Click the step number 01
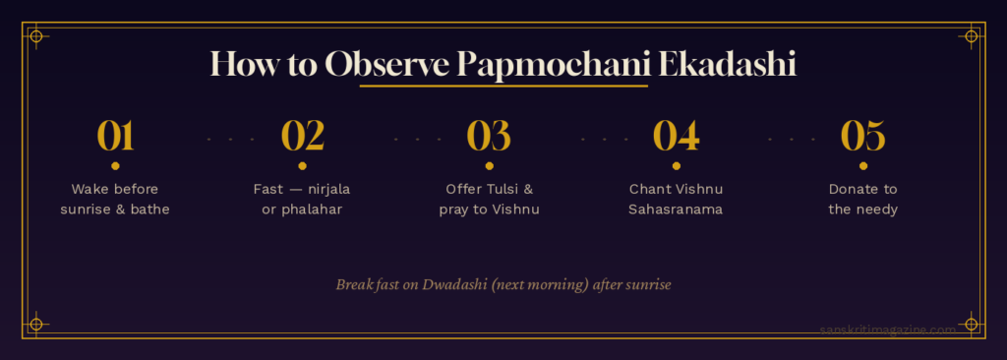tap(116, 136)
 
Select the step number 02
tap(303, 136)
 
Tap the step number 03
tap(489, 136)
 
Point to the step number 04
tap(676, 136)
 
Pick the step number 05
tap(863, 136)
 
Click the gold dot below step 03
tap(490, 166)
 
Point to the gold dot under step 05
tap(863, 166)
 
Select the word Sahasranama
tap(676, 210)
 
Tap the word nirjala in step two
tap(328, 190)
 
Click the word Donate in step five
tap(850, 189)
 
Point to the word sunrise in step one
tap(85, 210)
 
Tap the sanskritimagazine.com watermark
tap(888, 330)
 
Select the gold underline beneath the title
tap(503, 86)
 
